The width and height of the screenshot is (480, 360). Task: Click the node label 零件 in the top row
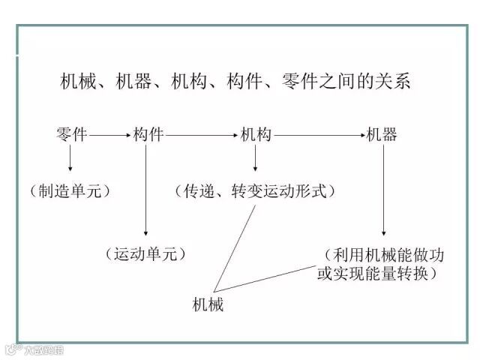(x=71, y=135)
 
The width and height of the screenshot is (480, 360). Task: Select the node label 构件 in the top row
(x=148, y=135)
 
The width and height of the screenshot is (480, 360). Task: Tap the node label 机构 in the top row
(x=256, y=135)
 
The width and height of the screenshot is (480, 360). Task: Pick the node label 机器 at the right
(x=382, y=135)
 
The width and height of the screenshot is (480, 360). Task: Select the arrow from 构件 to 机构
(x=201, y=136)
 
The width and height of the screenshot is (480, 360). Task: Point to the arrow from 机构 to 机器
(x=318, y=136)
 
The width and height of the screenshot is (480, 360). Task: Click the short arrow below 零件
(x=70, y=159)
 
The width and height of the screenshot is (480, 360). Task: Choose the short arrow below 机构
(x=256, y=159)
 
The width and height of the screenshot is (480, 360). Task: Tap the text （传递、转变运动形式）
(x=256, y=191)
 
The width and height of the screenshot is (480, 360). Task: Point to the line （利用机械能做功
(x=384, y=254)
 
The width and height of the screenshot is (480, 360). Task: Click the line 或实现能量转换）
(x=377, y=274)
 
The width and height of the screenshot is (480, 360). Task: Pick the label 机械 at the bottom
(x=208, y=305)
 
